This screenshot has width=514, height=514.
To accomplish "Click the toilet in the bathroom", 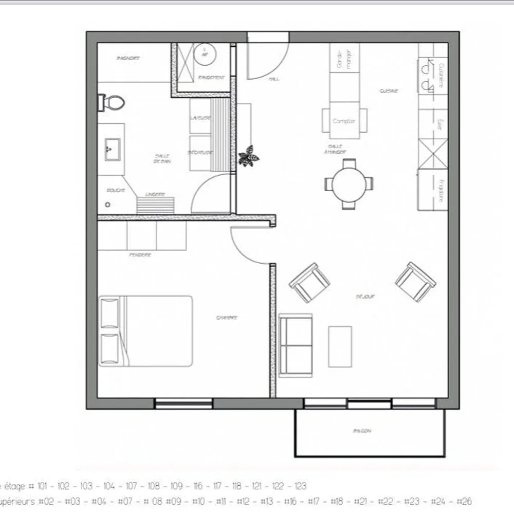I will click(x=112, y=102).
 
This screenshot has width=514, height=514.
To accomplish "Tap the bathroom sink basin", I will click(x=112, y=149).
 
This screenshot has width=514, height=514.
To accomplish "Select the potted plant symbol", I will click(x=249, y=156).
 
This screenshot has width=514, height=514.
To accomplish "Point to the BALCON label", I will click(x=362, y=431).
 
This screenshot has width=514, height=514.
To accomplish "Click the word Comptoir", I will click(x=344, y=121).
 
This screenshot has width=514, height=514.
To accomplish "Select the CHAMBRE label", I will click(x=227, y=318).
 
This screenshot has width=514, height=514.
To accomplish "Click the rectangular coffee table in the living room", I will click(x=340, y=346).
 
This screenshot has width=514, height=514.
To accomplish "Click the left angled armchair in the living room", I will click(x=309, y=283).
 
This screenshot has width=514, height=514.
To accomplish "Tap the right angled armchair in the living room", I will click(x=415, y=282).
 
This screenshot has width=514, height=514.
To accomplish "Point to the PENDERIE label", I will click(x=140, y=255).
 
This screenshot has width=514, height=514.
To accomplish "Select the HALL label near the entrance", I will click(x=274, y=80).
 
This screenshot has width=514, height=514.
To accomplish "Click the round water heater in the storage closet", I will click(x=205, y=53).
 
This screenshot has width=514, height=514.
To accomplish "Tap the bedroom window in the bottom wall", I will click(x=184, y=403).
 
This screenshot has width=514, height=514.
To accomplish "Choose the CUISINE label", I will click(x=389, y=91).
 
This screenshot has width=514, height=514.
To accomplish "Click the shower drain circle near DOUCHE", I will click(x=107, y=205).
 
